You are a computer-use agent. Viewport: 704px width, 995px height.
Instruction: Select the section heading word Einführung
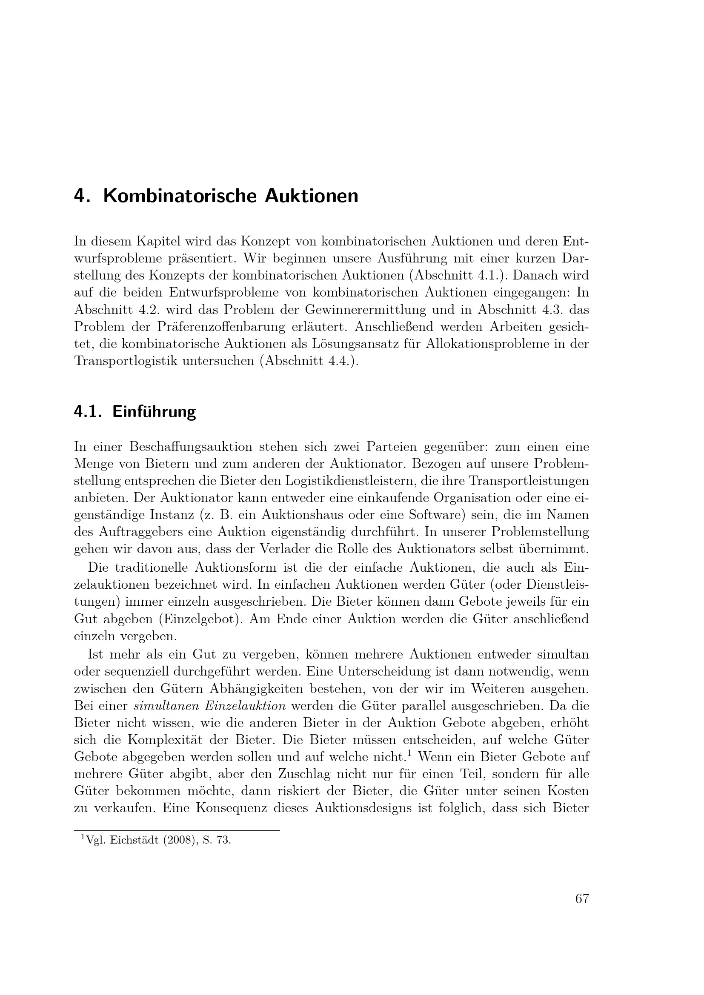point(154,412)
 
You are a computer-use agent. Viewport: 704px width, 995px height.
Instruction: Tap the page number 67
point(582,899)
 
